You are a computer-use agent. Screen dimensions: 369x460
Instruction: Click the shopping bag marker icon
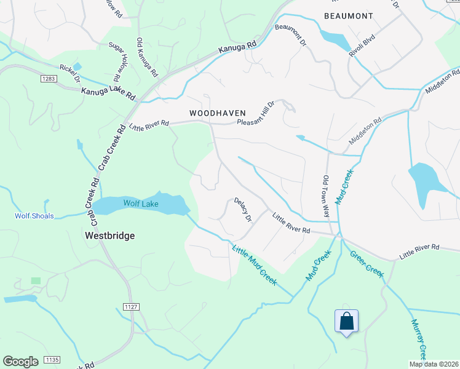(346, 321)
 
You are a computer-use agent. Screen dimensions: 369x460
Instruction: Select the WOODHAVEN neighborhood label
(218, 113)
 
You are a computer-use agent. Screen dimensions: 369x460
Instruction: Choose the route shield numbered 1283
(50, 79)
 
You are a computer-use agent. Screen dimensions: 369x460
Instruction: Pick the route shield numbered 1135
(52, 360)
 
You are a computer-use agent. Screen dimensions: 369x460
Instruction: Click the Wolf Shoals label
(34, 216)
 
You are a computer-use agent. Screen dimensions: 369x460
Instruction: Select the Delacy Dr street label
(242, 210)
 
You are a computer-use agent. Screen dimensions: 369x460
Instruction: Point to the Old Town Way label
(327, 195)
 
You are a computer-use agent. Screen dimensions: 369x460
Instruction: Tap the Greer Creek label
(367, 262)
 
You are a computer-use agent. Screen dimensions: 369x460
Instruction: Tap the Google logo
(20, 362)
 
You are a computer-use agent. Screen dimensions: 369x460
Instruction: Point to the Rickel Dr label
(69, 73)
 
